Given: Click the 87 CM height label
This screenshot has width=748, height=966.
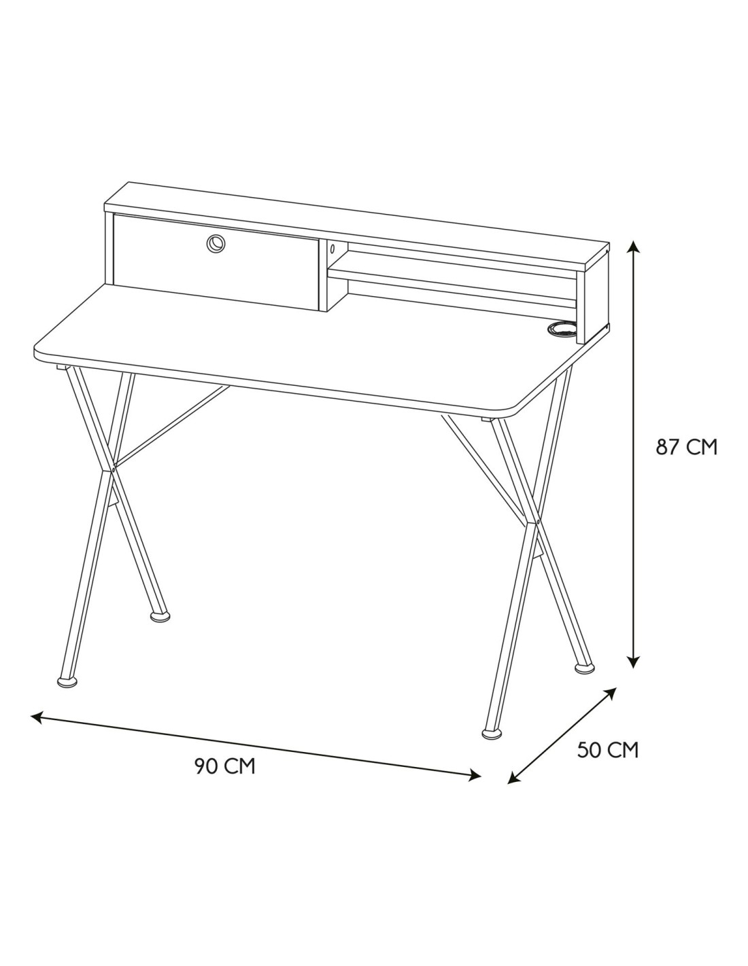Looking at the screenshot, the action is (x=686, y=447).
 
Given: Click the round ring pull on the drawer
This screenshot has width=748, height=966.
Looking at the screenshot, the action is (x=216, y=243).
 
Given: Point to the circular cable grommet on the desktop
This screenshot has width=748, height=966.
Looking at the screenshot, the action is (x=561, y=327).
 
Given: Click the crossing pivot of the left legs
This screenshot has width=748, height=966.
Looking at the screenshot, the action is (x=114, y=467).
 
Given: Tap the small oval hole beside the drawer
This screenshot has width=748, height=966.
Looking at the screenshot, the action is (x=332, y=249).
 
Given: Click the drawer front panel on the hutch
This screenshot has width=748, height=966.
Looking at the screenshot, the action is (x=216, y=262).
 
